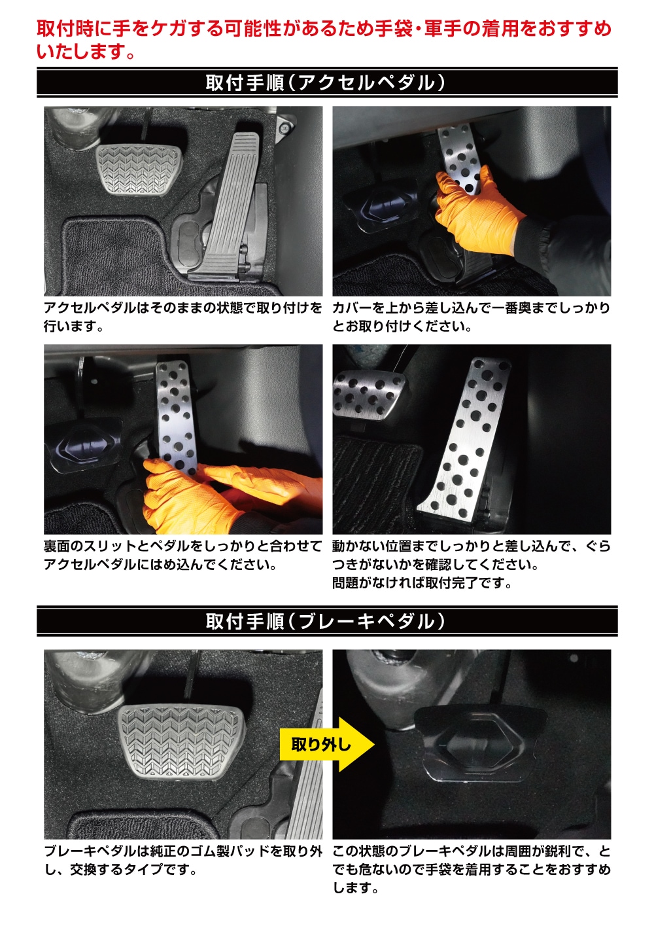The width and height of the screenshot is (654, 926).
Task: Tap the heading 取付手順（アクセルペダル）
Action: click(x=326, y=82)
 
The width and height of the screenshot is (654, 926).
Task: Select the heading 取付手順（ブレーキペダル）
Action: click(x=326, y=621)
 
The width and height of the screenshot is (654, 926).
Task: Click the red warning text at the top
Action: click(x=324, y=40)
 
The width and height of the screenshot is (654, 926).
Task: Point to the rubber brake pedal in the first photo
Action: click(x=139, y=169)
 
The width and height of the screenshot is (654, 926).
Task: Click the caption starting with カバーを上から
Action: click(x=472, y=317)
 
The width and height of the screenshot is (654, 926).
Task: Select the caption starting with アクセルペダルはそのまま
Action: click(x=183, y=317)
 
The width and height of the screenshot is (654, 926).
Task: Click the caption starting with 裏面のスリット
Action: click(x=182, y=555)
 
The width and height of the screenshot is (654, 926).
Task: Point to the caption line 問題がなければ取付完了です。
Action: click(x=422, y=583)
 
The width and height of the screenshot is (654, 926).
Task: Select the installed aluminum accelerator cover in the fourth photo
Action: click(x=465, y=438)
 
